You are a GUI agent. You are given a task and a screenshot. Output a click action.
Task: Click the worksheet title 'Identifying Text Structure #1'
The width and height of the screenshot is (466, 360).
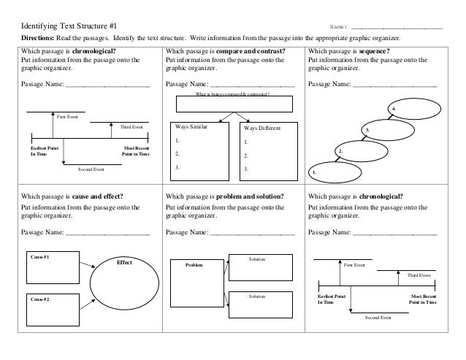point(69,26)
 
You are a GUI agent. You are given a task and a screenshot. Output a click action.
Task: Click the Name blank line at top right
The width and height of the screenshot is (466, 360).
point(397,28)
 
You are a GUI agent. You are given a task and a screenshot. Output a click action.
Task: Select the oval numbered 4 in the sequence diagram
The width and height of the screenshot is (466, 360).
point(414,99)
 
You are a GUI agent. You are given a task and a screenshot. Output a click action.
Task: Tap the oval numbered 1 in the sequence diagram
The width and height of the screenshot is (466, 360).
point(335,162)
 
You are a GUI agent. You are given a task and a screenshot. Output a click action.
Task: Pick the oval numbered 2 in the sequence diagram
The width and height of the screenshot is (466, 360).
point(362,141)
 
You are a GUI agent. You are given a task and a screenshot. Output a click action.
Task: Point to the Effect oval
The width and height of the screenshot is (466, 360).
point(124,256)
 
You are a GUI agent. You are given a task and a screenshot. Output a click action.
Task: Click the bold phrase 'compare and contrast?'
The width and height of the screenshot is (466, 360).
point(251,51)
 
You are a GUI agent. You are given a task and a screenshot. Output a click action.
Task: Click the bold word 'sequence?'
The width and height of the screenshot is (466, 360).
point(374,51)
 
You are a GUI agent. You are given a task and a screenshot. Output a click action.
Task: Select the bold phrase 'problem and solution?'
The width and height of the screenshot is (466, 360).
point(250,196)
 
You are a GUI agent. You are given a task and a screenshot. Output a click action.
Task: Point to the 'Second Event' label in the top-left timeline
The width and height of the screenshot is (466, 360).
point(91,169)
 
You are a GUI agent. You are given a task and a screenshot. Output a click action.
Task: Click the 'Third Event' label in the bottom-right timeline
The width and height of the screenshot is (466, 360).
point(419,275)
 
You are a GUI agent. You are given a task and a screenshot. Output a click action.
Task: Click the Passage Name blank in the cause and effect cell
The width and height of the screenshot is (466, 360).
point(108,235)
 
